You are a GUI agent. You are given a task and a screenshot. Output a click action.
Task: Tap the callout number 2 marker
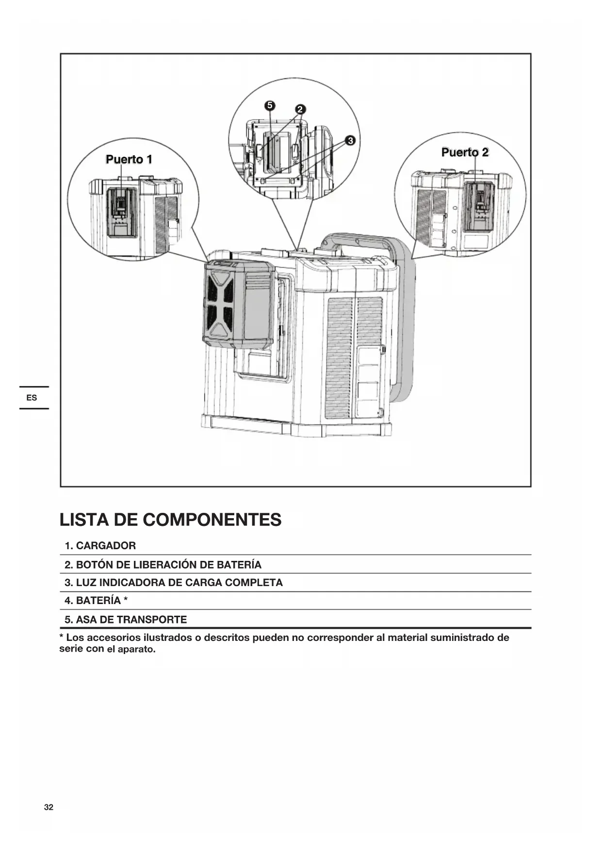coord(300,109)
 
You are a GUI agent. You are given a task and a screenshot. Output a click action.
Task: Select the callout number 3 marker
coord(350,141)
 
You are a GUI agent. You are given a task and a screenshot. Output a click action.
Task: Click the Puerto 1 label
coord(129,159)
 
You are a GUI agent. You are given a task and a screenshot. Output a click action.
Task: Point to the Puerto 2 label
coord(465,152)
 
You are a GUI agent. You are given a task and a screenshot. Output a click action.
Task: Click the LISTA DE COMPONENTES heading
coord(170,520)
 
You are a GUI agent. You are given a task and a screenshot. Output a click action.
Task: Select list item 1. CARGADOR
coord(100,546)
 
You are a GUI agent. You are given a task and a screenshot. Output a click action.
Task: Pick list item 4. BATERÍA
coord(96,601)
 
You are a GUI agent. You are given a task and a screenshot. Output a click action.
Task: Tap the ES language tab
coord(32,398)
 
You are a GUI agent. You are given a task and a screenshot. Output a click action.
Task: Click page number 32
coord(49,807)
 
